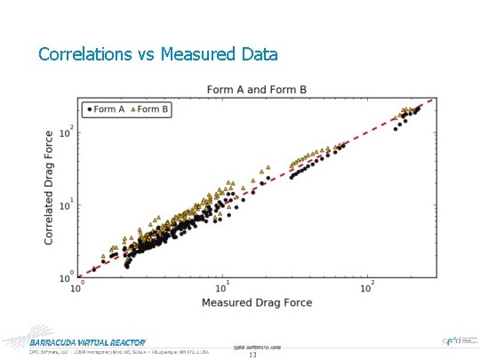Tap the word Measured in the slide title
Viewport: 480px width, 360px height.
[x=199, y=54]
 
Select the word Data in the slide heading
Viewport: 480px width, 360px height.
[x=258, y=54]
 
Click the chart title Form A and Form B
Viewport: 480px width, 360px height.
[x=256, y=89]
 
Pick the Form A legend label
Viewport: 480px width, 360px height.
[x=108, y=109]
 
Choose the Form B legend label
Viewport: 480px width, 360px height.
[x=154, y=109]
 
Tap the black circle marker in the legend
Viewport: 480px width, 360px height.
[x=87, y=109]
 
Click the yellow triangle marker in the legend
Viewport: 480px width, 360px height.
[x=132, y=109]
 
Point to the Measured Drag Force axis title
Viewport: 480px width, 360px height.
[x=256, y=303]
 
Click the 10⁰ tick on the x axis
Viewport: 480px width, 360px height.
[x=80, y=286]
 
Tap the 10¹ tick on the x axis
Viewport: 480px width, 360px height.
[x=224, y=286]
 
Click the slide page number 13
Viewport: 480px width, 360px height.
[x=252, y=355]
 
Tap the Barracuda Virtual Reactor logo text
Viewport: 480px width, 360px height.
[x=87, y=342]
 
